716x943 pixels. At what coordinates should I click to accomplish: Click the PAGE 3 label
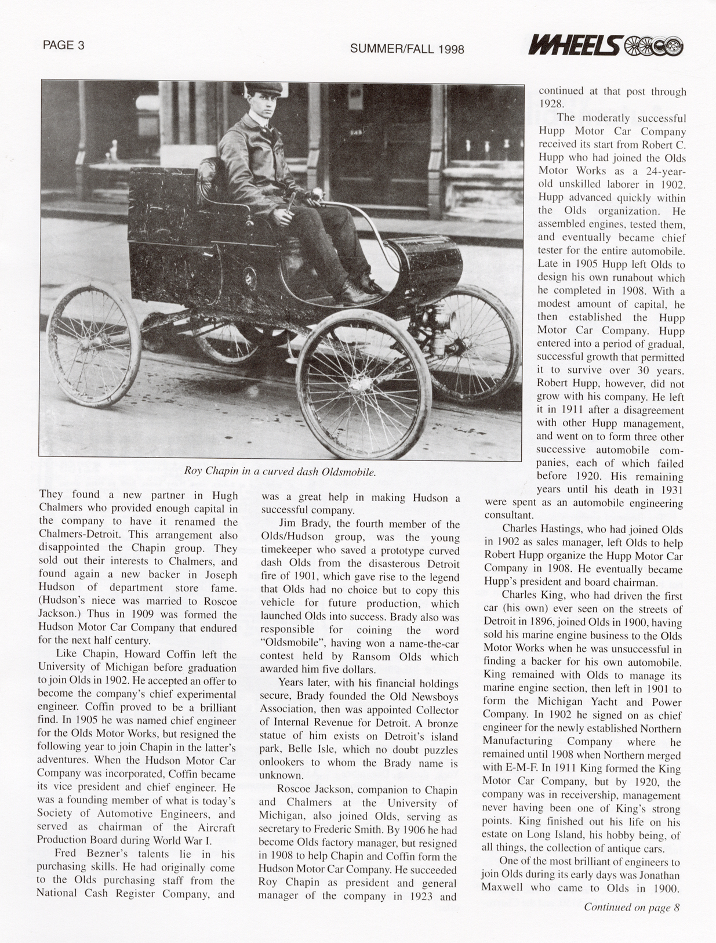(64, 45)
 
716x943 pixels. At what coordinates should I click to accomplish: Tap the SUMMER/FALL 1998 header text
(407, 49)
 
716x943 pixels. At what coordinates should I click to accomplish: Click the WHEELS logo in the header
(605, 46)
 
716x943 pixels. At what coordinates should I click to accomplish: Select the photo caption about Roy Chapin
(280, 471)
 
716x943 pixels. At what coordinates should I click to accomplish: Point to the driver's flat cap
(264, 88)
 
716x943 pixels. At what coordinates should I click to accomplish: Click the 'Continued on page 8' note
(631, 908)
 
